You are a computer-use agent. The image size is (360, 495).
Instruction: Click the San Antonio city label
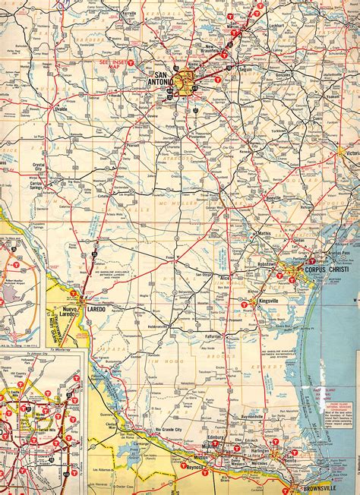coord(163,79)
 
